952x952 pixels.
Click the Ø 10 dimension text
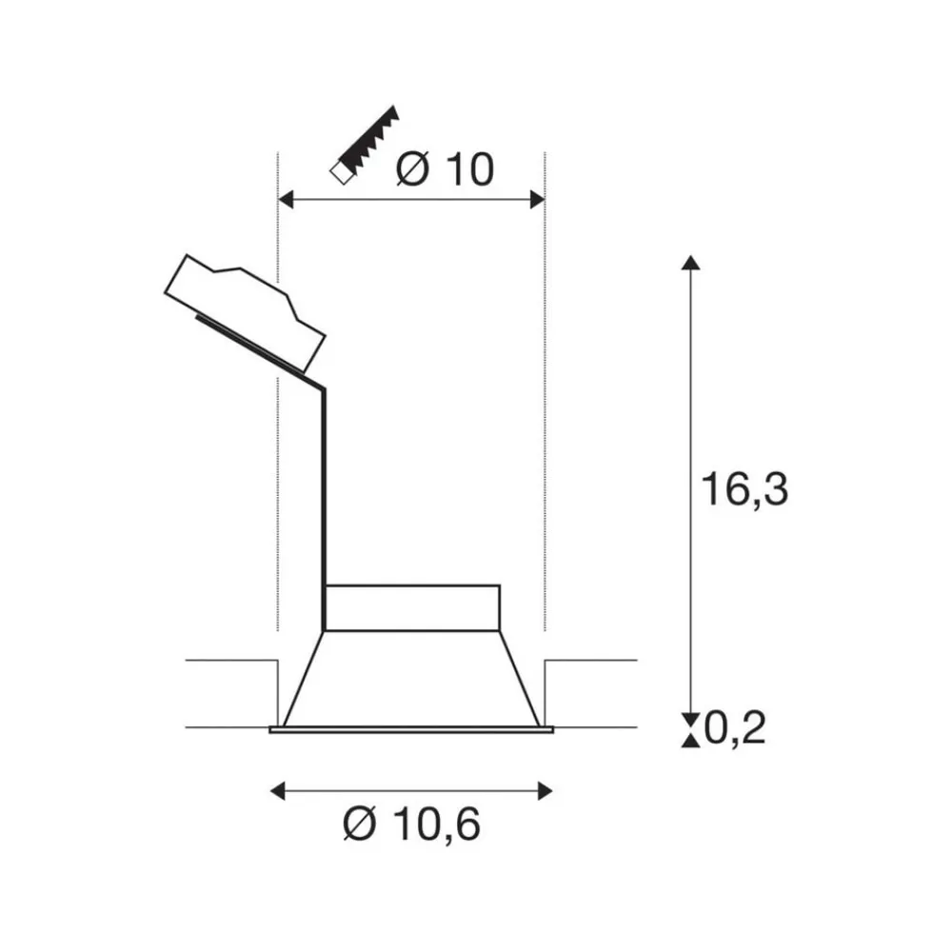445,169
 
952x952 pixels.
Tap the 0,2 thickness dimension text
735,729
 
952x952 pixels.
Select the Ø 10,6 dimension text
411,823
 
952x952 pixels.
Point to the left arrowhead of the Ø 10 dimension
284,199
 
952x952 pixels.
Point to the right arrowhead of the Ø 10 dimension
537,199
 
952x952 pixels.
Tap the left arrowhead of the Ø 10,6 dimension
278,790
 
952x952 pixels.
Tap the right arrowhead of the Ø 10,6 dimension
545,790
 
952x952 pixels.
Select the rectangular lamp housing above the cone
412,607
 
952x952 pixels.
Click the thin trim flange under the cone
411,730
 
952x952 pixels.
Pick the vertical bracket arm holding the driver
324,505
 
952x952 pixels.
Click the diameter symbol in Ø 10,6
363,823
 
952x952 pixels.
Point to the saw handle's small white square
337,173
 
